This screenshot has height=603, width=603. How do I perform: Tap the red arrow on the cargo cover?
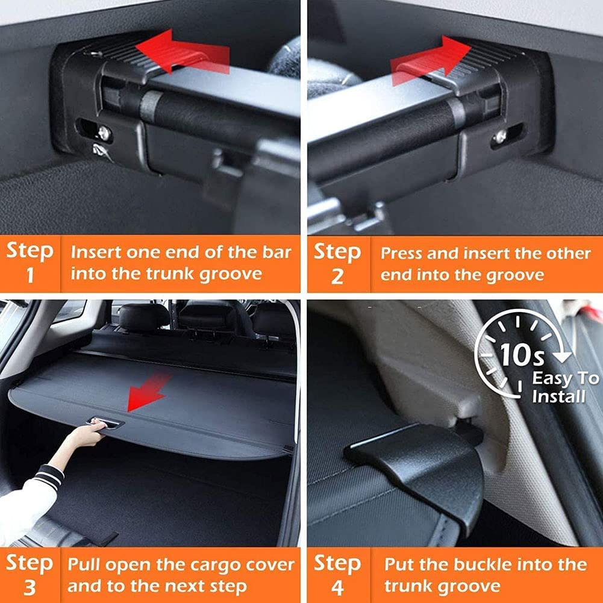pyautogui.click(x=148, y=392)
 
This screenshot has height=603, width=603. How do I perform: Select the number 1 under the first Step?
pyautogui.click(x=30, y=275)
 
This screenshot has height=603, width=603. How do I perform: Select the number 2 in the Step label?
pyautogui.click(x=337, y=277)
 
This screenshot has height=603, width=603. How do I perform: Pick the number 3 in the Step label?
pyautogui.click(x=30, y=588)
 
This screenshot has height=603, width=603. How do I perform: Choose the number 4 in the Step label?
pyautogui.click(x=337, y=588)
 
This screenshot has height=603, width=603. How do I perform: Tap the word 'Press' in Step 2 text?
pyautogui.click(x=401, y=254)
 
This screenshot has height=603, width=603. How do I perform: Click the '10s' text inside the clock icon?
pyautogui.click(x=522, y=354)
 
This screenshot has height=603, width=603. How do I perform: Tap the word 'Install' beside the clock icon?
pyautogui.click(x=559, y=396)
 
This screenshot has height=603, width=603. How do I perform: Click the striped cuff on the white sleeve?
pyautogui.click(x=48, y=476)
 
